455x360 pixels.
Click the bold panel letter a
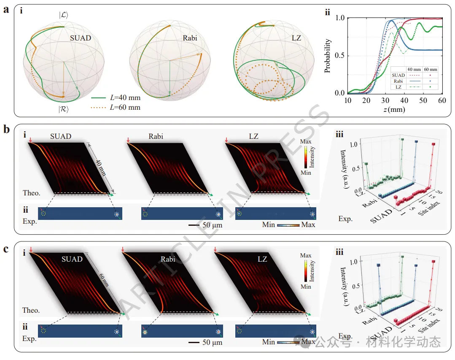coord(6,9)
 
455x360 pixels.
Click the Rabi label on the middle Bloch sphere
coord(190,38)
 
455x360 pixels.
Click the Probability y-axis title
coord(328,56)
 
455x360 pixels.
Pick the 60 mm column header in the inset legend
coord(430,68)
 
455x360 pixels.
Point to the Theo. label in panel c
coord(31,310)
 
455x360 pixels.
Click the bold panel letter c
coord(6,249)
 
